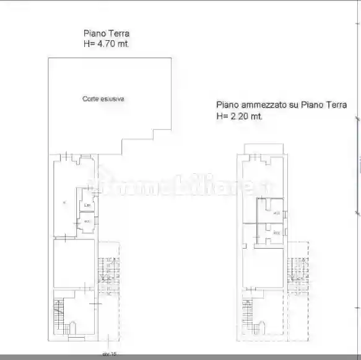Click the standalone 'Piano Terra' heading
pos(107,34)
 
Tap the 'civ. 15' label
pos(109,354)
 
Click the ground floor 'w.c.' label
pos(87,221)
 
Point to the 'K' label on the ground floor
pos(64,202)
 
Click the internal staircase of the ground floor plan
pos(59,315)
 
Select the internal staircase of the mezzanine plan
pos(248,315)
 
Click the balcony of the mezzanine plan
pos(264,147)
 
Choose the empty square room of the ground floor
pos(74,263)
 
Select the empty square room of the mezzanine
pos(264,266)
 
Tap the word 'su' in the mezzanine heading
pos(294,105)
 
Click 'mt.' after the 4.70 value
pos(124,45)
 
